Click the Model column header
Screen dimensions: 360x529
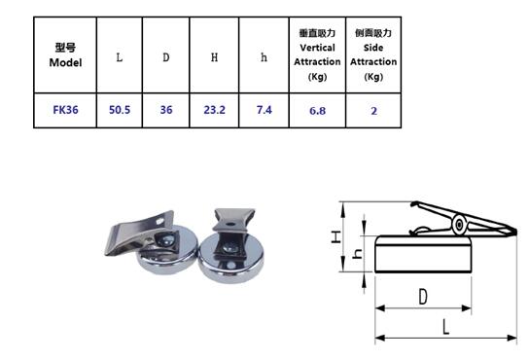point(65,54)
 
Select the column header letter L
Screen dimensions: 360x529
point(119,56)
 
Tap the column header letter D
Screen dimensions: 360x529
point(165,56)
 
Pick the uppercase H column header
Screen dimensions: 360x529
point(214,56)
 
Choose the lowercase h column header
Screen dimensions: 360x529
point(264,56)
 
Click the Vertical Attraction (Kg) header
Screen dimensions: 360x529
point(317,54)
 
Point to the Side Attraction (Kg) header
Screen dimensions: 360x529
point(373,54)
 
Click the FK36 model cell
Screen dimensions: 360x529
point(65,110)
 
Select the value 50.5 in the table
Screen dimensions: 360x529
point(119,110)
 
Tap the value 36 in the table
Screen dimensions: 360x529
point(165,110)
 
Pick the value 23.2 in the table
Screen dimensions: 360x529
point(214,110)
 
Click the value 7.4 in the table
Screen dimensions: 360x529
point(264,110)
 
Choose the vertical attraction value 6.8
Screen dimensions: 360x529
point(317,111)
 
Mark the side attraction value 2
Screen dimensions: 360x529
point(373,111)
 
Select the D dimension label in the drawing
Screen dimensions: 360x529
point(424,296)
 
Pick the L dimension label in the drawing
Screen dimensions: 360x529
point(446,326)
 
